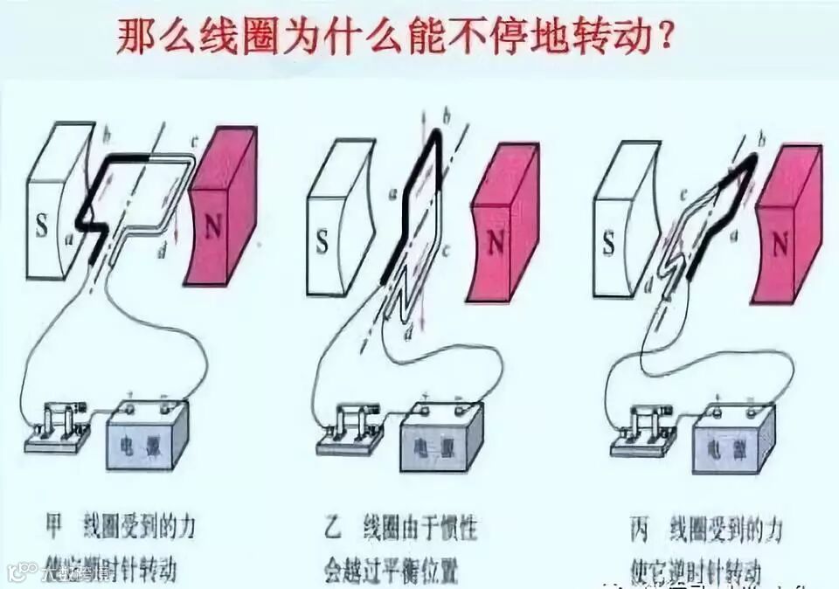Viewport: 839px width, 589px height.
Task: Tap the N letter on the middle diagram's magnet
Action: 496,242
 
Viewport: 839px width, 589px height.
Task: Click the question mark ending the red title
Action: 666,38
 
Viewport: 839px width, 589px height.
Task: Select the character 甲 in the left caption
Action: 54,526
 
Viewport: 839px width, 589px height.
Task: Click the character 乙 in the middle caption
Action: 334,527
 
